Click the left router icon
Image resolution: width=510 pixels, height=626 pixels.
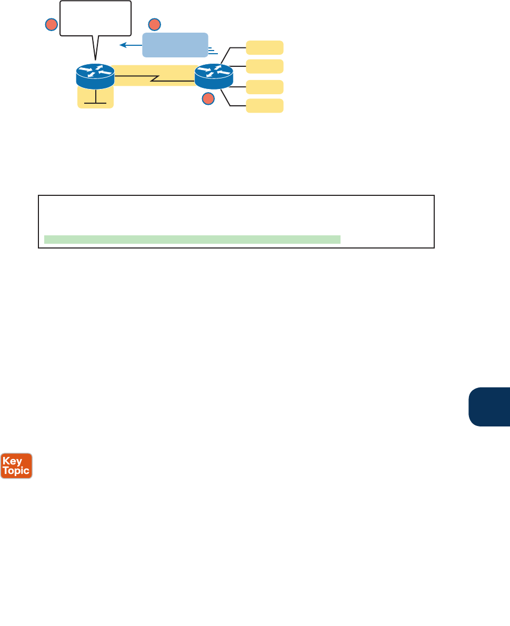[x=95, y=76]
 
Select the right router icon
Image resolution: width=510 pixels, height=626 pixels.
[x=214, y=76]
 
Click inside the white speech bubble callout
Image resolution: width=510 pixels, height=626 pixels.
[x=95, y=18]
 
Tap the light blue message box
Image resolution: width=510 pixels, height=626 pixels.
[x=175, y=44]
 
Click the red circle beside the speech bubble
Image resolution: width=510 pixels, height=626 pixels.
[x=51, y=24]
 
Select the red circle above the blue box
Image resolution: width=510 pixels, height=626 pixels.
[x=154, y=24]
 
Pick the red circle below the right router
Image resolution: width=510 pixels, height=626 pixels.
[x=208, y=98]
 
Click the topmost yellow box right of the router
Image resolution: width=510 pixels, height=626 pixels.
[x=265, y=47]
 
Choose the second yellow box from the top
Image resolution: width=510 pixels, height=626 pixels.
[x=265, y=66]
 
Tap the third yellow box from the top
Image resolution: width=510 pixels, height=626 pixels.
[x=265, y=86]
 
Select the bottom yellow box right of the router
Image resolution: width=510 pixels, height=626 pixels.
[x=265, y=105]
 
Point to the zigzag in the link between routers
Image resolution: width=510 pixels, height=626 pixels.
[x=154, y=79]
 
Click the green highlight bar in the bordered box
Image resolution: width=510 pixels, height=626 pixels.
[x=192, y=240]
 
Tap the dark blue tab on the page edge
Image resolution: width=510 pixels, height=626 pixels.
[x=489, y=406]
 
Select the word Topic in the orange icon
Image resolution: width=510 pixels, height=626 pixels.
[x=16, y=456]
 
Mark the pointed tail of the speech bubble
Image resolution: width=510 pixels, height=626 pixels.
[x=96, y=53]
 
